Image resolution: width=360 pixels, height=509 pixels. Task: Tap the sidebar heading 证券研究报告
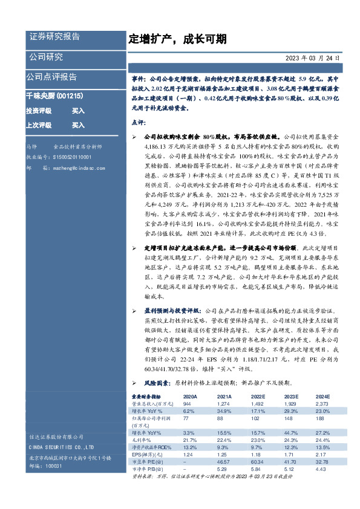tap(54, 36)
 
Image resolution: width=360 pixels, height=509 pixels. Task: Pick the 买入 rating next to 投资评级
tap(79, 111)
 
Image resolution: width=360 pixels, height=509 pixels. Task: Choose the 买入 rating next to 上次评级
tap(79, 125)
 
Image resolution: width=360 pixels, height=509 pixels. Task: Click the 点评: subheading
tap(138, 122)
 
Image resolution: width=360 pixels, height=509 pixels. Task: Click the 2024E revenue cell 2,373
tap(321, 403)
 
